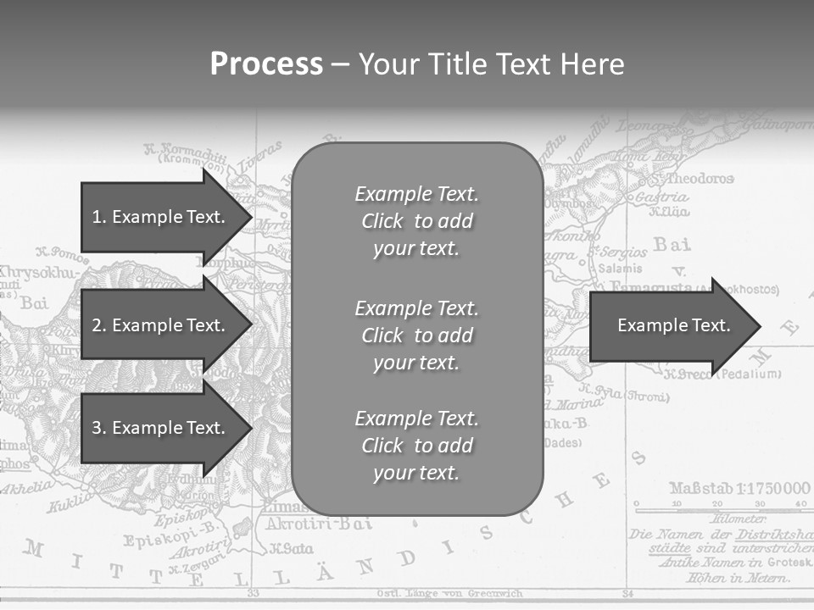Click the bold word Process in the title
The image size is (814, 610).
tap(266, 64)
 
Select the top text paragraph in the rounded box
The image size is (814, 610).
tap(416, 221)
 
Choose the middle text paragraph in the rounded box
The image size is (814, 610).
tap(416, 335)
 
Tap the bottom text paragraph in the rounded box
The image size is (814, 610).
tap(416, 446)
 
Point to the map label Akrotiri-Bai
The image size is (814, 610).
tap(319, 524)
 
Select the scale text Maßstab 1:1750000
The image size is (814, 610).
tap(739, 488)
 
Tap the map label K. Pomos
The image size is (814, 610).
tap(63, 252)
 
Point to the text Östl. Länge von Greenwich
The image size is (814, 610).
tap(449, 593)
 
